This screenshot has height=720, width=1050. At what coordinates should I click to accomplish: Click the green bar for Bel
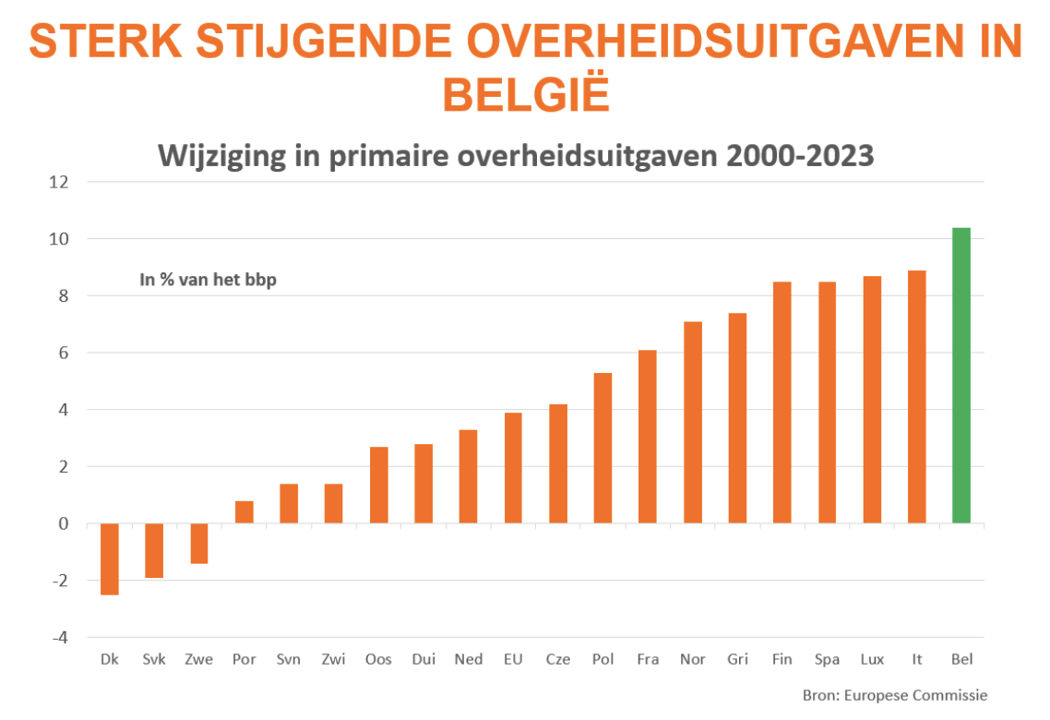961,376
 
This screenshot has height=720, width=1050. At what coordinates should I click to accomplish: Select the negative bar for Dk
110,559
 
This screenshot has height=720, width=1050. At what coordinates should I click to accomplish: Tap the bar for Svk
154,550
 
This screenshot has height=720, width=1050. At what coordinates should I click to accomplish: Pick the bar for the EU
513,468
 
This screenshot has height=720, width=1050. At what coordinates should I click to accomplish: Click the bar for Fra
647,437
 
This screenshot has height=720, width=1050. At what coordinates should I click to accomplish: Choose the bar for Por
245,512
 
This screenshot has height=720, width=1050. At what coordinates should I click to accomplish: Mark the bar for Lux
871,400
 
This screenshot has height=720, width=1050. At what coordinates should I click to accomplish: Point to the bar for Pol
603,448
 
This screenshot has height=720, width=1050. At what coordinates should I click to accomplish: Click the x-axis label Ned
468,659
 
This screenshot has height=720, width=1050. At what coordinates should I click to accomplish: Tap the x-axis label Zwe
198,659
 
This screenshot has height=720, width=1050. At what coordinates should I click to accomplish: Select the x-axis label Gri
737,659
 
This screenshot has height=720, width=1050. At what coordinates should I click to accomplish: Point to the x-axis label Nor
692,659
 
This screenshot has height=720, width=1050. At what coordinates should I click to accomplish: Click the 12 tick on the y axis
58,182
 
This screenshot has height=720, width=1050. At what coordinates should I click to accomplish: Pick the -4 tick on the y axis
58,638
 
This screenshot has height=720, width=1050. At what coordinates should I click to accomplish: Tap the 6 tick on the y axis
63,353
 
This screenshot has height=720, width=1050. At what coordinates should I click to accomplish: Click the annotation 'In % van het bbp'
208,279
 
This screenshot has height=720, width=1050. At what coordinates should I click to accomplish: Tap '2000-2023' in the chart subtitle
800,155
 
